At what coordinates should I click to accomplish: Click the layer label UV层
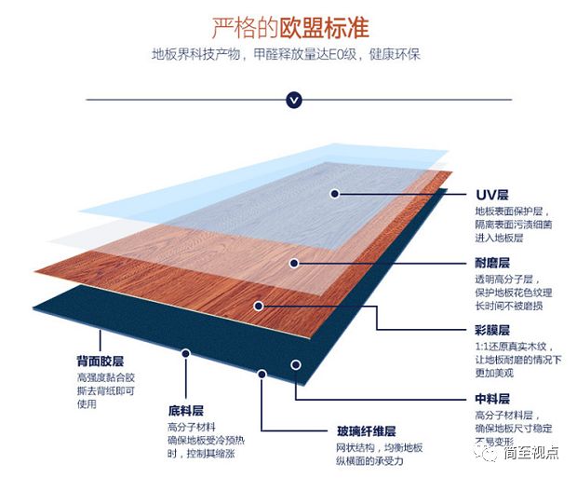492,195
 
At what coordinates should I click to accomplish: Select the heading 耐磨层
492,263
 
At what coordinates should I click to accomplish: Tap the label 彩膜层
492,330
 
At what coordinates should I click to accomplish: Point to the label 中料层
492,399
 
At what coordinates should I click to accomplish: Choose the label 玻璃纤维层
366,431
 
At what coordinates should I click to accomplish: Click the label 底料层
186,411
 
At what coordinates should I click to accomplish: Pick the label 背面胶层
101,362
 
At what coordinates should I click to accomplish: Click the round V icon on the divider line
294,100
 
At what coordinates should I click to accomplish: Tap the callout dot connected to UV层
334,194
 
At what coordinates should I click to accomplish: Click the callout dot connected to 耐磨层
294,263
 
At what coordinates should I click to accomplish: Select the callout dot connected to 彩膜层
259,306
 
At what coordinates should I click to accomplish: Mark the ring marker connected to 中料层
296,365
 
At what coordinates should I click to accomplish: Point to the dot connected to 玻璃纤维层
262,374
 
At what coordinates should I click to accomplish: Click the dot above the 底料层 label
186,353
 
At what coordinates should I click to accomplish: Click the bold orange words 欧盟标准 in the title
324,27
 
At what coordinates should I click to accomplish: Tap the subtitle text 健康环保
395,55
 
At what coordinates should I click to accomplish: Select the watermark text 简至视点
531,453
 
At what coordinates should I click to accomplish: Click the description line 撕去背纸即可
106,390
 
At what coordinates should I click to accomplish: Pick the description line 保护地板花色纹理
514,293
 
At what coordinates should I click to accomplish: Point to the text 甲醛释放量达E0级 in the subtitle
305,55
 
